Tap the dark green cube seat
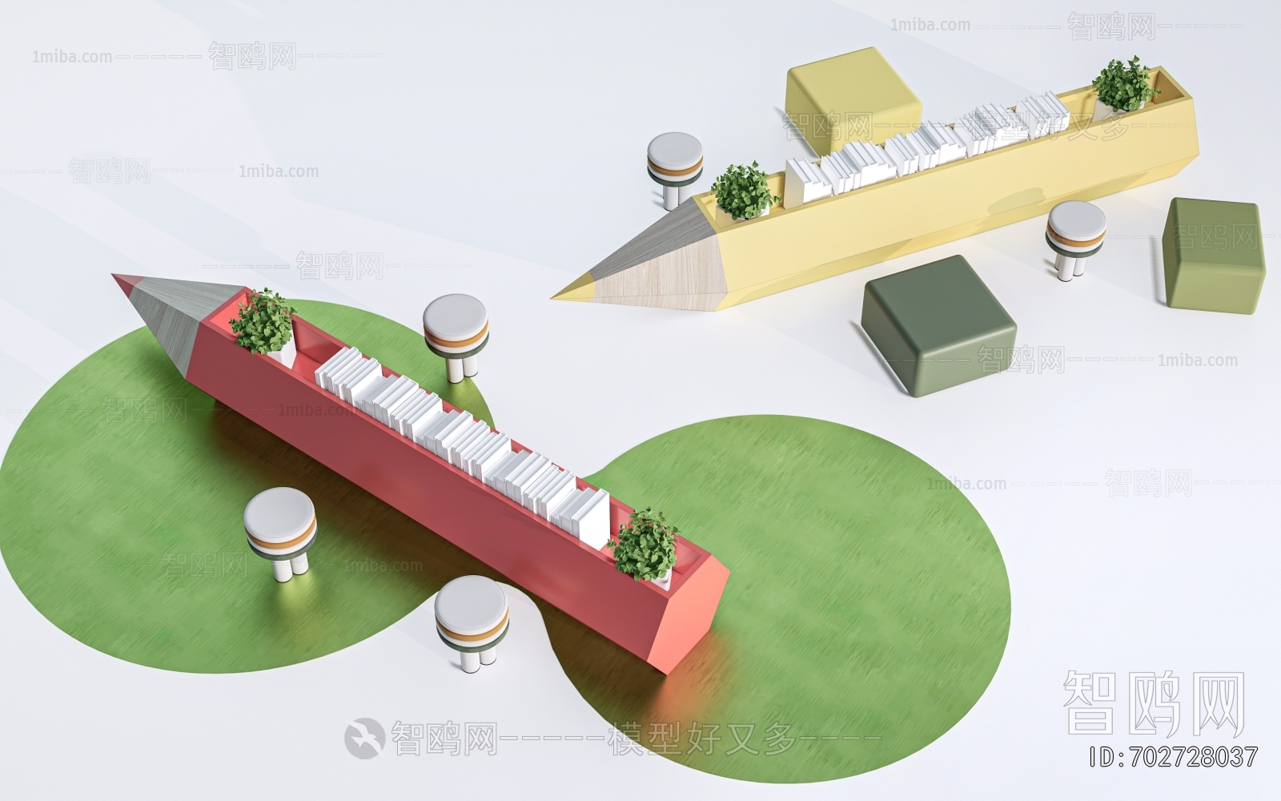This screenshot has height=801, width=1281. click(x=937, y=320)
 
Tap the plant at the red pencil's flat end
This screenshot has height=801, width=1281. click(x=645, y=545)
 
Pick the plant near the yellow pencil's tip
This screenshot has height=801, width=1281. click(x=743, y=190)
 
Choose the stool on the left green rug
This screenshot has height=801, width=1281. click(x=279, y=525)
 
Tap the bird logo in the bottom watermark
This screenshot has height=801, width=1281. click(x=363, y=737)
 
